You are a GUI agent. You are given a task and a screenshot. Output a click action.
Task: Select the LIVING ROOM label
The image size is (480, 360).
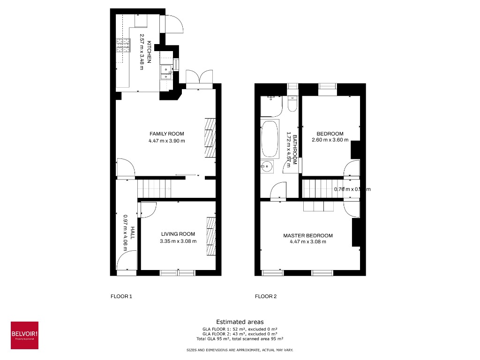pyautogui.click(x=178, y=234)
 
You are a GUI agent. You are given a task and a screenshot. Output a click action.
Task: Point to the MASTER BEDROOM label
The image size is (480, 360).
pyautogui.click(x=308, y=236)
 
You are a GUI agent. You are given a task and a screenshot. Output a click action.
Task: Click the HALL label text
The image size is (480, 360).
pyautogui.click(x=133, y=232)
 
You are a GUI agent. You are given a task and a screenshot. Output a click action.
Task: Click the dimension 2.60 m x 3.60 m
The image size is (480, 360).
pyautogui.click(x=330, y=140)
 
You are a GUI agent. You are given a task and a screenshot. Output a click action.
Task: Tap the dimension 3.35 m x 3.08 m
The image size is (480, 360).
pyautogui.click(x=178, y=241)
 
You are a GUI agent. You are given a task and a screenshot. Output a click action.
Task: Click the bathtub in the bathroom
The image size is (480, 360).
pyautogui.click(x=270, y=139)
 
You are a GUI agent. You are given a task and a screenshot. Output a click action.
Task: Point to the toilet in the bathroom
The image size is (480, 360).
pyautogui.click(x=292, y=104)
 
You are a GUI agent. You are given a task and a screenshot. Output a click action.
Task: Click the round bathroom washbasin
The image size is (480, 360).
pyautogui.click(x=267, y=165)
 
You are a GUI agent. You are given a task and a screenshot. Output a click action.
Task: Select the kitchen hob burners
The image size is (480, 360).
pyautogui.click(x=122, y=46)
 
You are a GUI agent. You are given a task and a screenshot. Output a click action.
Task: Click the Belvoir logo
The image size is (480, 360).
pyautogui.click(x=24, y=335)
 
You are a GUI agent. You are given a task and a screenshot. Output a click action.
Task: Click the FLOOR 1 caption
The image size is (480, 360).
pyautogui.click(x=121, y=296)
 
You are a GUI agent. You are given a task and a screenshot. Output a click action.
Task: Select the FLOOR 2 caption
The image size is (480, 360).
pyautogui.click(x=266, y=296)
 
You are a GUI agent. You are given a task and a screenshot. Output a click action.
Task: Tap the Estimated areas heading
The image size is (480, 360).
pyautogui.click(x=240, y=322)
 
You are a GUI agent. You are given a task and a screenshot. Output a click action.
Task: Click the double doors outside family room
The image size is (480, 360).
pyautogui.click(x=199, y=78)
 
